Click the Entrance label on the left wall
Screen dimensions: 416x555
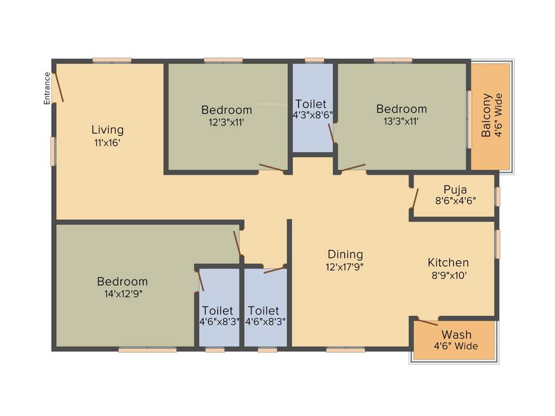[47, 88]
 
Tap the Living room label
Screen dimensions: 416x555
[107, 130]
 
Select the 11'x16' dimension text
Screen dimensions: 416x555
[107, 143]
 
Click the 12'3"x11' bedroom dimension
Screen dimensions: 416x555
[227, 122]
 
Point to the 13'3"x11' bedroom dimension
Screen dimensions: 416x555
[402, 122]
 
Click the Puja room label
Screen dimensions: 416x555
[455, 190]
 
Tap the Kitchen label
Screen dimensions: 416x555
[448, 263]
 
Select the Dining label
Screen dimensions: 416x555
[345, 254]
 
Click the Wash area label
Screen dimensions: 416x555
[456, 334]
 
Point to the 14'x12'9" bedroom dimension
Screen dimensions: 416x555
[122, 294]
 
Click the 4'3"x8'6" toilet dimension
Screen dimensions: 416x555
[311, 115]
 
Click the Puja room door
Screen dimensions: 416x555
[415, 198]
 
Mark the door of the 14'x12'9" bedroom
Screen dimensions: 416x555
[237, 243]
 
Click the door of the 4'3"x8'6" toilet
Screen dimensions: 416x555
[331, 133]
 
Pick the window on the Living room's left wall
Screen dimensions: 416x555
[53, 151]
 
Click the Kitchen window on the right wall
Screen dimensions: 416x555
[498, 244]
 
